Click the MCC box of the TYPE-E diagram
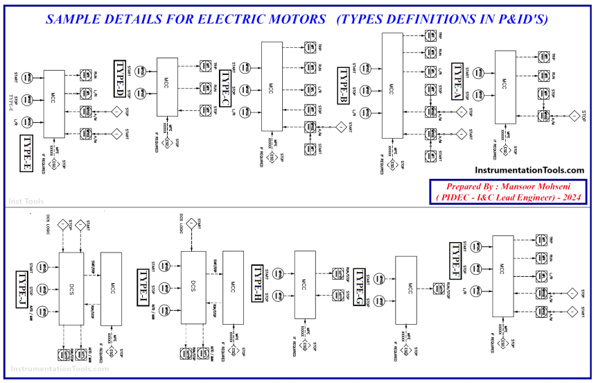(53, 103)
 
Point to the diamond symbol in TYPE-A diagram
(574, 115)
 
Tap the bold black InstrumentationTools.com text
(529, 170)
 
